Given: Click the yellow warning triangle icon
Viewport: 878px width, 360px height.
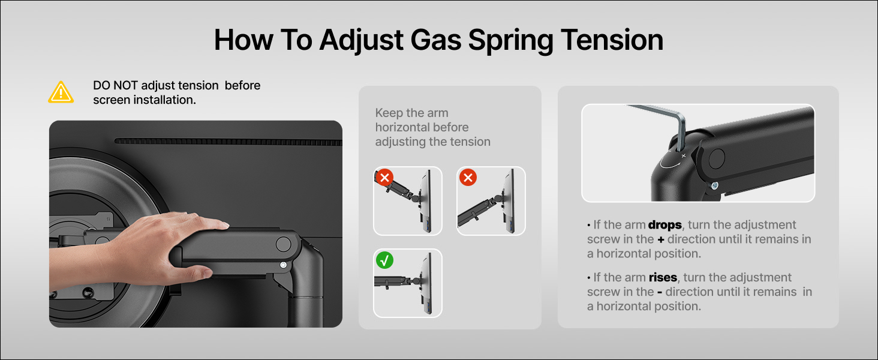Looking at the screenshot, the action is click(61, 92).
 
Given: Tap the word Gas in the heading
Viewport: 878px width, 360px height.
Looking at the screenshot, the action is click(435, 40).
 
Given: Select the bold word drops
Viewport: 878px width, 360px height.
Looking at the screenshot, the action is click(664, 225).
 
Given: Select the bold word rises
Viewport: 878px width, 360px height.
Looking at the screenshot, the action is click(663, 277).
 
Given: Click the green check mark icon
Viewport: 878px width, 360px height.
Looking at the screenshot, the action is click(384, 260).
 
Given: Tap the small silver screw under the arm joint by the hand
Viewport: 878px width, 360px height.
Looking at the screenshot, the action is click(283, 265).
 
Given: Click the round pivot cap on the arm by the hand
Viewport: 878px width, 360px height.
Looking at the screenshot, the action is click(284, 244).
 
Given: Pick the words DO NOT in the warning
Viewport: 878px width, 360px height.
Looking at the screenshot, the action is click(115, 85).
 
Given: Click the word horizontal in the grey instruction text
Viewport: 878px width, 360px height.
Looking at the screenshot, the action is click(422, 127).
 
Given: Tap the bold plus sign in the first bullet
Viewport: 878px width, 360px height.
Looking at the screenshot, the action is click(661, 239).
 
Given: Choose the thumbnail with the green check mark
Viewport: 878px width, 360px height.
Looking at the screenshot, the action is click(408, 283).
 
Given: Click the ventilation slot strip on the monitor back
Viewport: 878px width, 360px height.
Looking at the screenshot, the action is click(228, 141).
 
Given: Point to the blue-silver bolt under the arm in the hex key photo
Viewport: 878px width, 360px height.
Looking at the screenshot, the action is click(714, 185).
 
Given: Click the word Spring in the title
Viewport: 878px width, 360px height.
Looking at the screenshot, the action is click(511, 40).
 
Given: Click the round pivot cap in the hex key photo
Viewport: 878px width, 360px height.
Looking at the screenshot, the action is click(717, 158).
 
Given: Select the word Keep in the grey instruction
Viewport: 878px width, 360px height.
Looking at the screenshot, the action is click(389, 113).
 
